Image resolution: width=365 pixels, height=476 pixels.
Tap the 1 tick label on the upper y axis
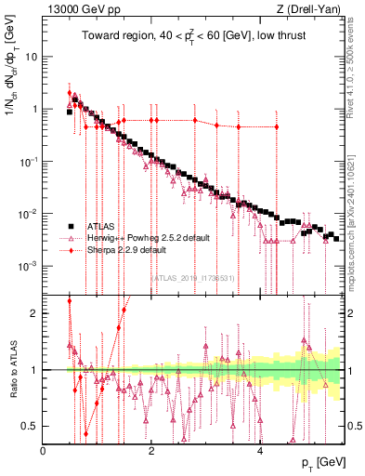point(34,109)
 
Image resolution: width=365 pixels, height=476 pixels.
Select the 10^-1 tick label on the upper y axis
point(29,161)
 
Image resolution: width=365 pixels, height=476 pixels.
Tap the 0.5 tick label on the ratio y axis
point(31,426)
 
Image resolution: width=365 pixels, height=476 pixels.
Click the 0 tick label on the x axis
point(44,450)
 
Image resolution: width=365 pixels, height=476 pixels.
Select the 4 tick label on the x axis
point(259,450)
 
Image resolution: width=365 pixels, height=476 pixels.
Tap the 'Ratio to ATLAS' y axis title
point(11,370)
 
